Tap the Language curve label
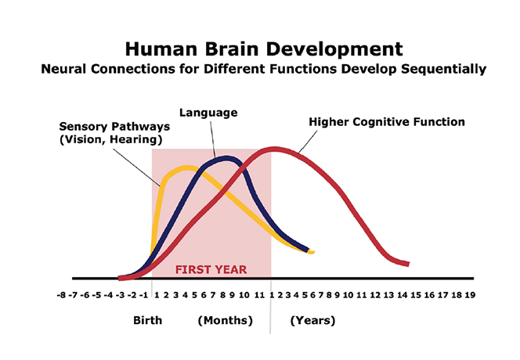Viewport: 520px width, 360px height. (x=208, y=113)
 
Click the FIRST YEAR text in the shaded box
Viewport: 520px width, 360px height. (x=211, y=269)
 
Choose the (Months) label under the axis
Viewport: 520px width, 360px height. (x=226, y=321)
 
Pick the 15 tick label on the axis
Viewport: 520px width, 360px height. (x=415, y=296)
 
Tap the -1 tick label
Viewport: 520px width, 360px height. (x=144, y=296)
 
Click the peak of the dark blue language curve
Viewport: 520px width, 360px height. (x=225, y=159)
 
